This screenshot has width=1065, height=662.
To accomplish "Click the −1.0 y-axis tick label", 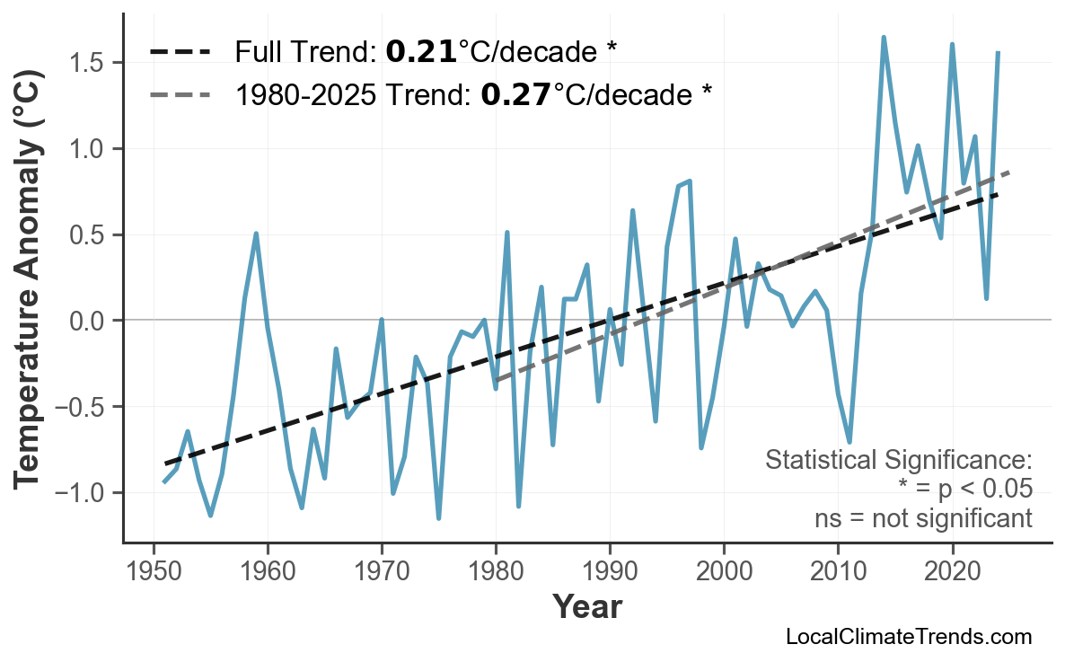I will pyautogui.click(x=84, y=493).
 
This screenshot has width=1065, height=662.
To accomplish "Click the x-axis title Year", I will pyautogui.click(x=586, y=607).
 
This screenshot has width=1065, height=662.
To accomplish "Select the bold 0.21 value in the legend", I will pyautogui.click(x=420, y=52).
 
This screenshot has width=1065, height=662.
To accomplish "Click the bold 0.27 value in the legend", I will pyautogui.click(x=515, y=93).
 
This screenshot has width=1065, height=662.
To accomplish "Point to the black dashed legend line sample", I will pyautogui.click(x=180, y=52).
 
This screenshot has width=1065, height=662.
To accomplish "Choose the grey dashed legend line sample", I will pyautogui.click(x=180, y=93).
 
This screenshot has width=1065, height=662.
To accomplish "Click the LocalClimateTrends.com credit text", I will pyautogui.click(x=908, y=637).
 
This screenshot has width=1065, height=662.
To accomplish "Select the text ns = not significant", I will pyautogui.click(x=923, y=518).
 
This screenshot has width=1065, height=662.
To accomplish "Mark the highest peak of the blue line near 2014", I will pyautogui.click(x=884, y=38).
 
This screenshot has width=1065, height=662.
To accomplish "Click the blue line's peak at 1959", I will pyautogui.click(x=256, y=234).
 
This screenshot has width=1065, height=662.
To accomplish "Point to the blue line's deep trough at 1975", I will pyautogui.click(x=438, y=517).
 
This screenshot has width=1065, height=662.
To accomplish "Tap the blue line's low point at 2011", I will pyautogui.click(x=849, y=442).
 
